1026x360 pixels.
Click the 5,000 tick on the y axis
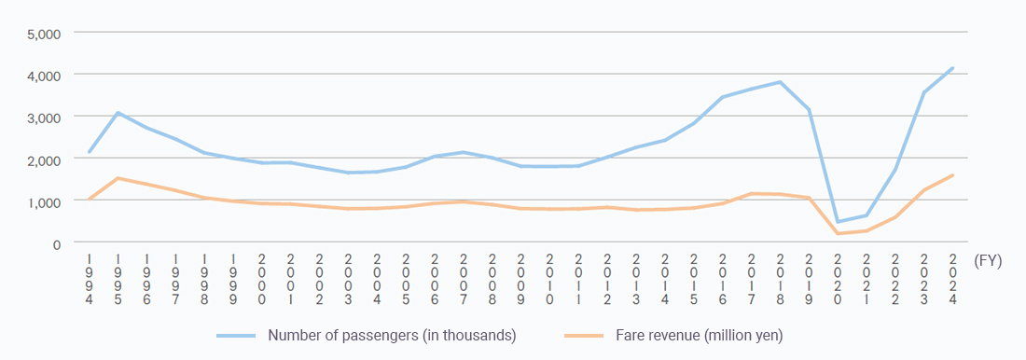click(x=43, y=33)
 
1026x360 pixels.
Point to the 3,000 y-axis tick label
click(x=43, y=117)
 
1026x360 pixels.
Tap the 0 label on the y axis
click(x=55, y=243)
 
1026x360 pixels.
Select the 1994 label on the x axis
click(x=90, y=279)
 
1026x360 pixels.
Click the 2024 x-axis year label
click(x=952, y=279)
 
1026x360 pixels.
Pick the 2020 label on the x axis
click(x=838, y=279)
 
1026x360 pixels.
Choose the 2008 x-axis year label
click(x=492, y=279)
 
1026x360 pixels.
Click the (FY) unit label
click(x=987, y=262)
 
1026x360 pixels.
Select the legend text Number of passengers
click(x=392, y=334)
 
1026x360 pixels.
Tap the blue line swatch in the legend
click(x=237, y=334)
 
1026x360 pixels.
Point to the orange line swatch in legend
click(x=584, y=334)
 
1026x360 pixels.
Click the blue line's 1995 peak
click(x=118, y=113)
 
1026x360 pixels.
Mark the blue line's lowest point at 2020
click(x=838, y=222)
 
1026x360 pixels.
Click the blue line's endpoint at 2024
click(x=952, y=67)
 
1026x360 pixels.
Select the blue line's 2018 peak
click(x=780, y=82)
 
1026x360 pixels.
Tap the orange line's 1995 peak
click(x=118, y=178)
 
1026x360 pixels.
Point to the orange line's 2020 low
click(x=838, y=233)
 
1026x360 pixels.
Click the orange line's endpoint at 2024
click(x=952, y=175)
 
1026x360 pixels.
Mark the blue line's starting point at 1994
click(x=90, y=152)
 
